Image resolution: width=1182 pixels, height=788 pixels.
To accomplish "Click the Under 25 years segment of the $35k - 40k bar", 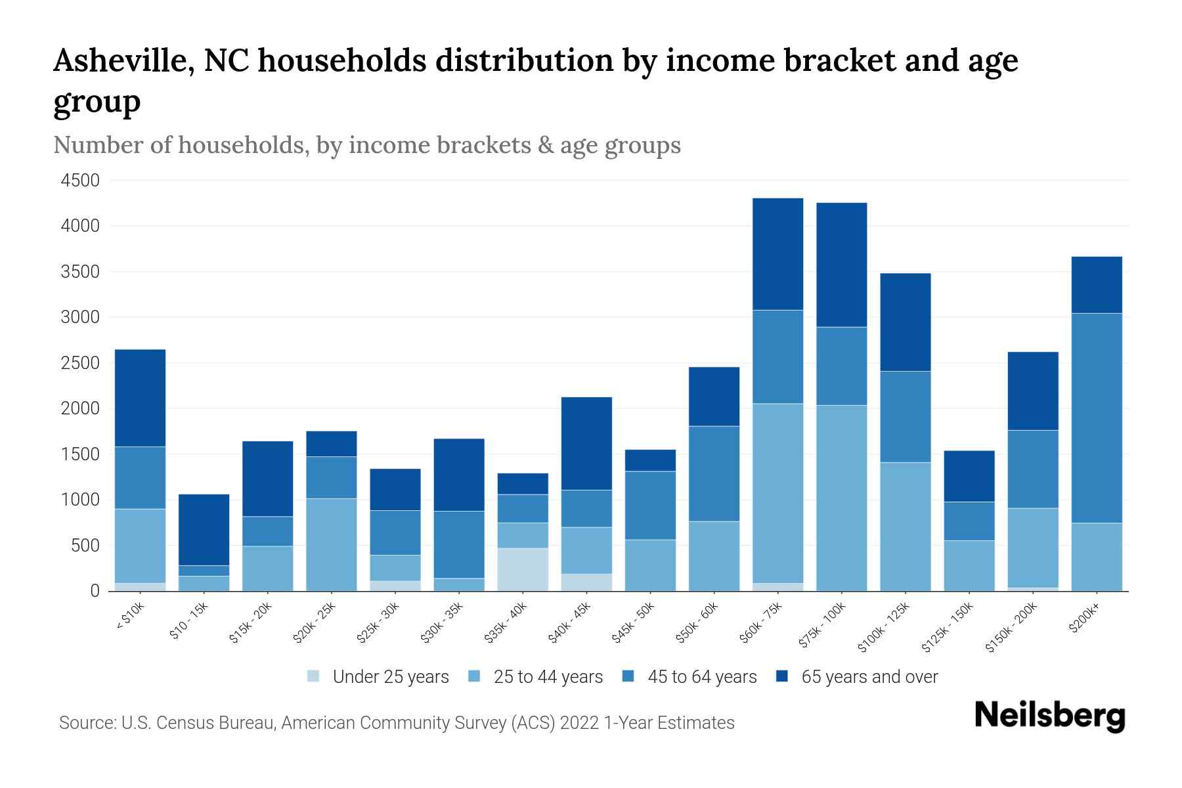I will coord(523,569).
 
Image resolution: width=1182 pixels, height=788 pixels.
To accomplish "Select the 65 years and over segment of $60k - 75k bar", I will coord(777,254).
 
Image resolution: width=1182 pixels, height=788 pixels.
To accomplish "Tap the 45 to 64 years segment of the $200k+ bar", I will coord(1097,418).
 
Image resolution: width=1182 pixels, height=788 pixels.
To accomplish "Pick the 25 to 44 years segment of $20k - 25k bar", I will coord(332,544).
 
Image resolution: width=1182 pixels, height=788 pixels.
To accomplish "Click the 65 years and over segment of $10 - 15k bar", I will coord(204,529).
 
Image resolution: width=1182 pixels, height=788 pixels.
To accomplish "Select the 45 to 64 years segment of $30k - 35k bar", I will coord(459,544).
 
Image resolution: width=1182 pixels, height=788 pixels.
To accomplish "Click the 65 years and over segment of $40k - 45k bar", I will coord(586,443).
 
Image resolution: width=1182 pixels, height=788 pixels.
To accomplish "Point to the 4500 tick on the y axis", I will coord(80,181).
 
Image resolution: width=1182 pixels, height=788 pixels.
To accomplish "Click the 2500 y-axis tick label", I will coord(80,363).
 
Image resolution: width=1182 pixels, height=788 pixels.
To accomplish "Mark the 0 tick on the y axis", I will coord(95,591).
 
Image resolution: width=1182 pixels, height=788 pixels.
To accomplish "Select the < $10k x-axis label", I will coord(130,617).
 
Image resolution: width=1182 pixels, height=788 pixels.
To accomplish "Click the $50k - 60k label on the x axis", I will coord(698,623).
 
